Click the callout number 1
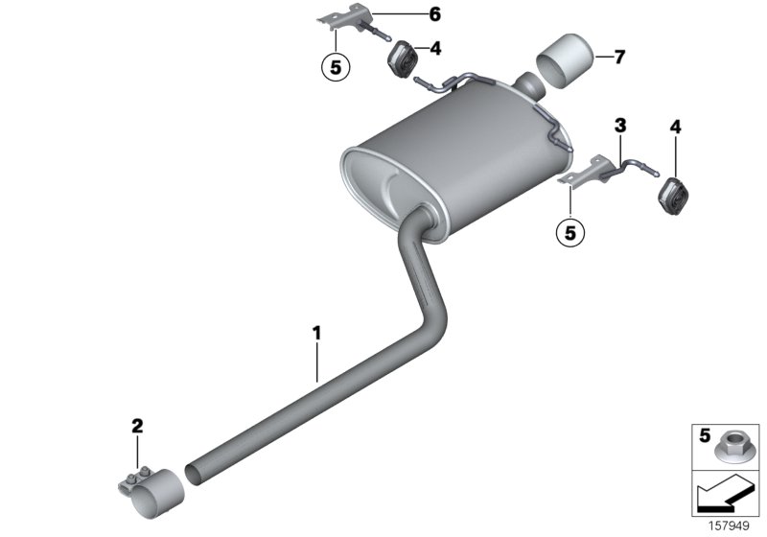pyautogui.click(x=316, y=334)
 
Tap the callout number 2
pyautogui.click(x=137, y=425)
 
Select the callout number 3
pyautogui.click(x=620, y=125)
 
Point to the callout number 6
pyautogui.click(x=408, y=13)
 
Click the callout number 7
pyautogui.click(x=619, y=58)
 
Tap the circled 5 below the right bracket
pyautogui.click(x=572, y=231)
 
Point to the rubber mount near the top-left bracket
pyautogui.click(x=400, y=59)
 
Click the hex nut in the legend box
pyautogui.click(x=732, y=443)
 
